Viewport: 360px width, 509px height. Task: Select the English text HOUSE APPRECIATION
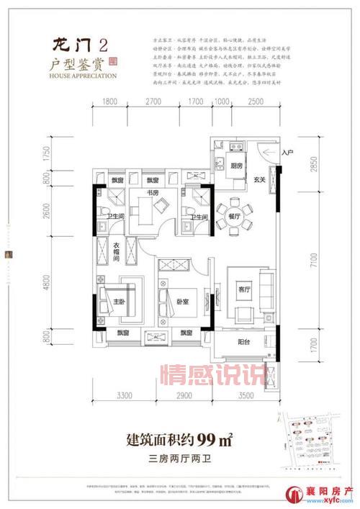click(x=85, y=74)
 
